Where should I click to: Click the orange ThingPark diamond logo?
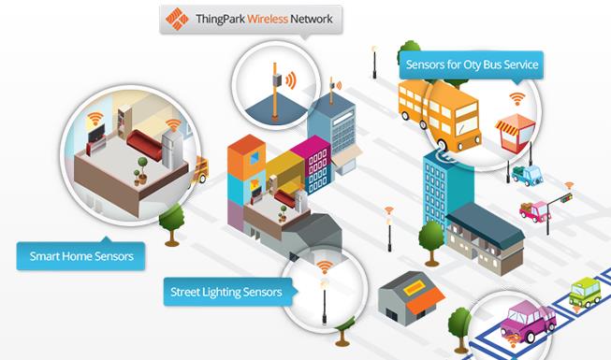(x=177, y=19)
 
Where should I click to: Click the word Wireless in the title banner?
(x=268, y=19)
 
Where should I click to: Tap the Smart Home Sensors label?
(x=81, y=256)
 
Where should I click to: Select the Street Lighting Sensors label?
(x=227, y=292)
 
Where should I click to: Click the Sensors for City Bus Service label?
(x=472, y=65)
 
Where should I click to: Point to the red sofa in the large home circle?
(x=145, y=144)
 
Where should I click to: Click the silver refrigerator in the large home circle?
(x=172, y=149)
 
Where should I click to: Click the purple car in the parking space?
(x=528, y=321)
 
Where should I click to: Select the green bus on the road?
(x=585, y=292)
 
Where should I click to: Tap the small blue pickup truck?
(x=528, y=175)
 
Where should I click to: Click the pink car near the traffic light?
(x=534, y=211)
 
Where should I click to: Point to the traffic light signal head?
(x=566, y=198)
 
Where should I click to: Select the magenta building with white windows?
(x=313, y=165)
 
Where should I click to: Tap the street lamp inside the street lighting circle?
(x=324, y=301)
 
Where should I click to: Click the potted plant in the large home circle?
(x=142, y=170)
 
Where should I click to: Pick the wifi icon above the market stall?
(x=517, y=98)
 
